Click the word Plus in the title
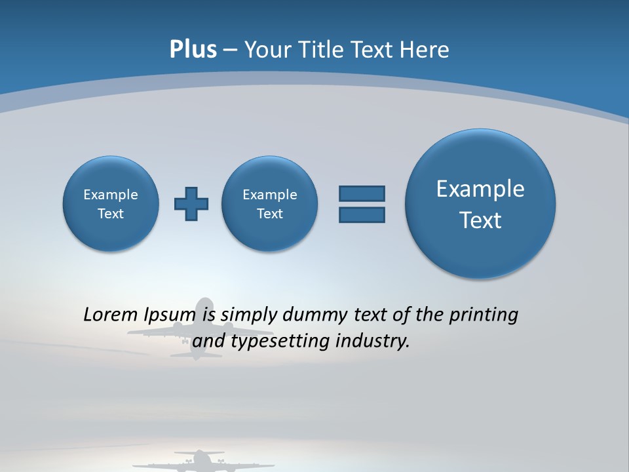coord(193,50)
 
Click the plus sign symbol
coord(191,204)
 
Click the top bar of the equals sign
coord(362,193)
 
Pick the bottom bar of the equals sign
coord(362,215)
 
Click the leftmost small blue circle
coord(111,203)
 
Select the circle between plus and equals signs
coord(269,203)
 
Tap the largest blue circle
coord(480,203)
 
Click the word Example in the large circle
coord(480,189)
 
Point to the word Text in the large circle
coord(480,220)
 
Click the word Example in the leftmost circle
coord(111,195)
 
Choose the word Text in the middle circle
coord(269,214)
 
